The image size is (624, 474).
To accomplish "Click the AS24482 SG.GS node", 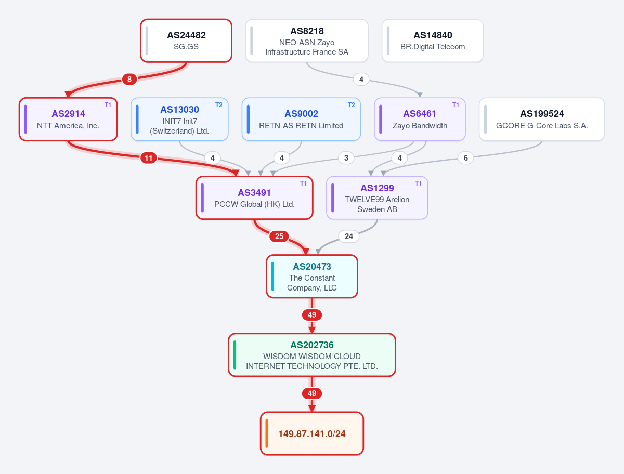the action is (x=186, y=41).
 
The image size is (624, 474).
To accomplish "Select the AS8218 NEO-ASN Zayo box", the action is (x=307, y=41).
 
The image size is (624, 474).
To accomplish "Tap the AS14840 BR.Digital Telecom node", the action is (x=433, y=41).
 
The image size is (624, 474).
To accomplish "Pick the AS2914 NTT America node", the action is (x=68, y=120).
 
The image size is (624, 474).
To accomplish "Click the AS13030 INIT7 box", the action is (x=179, y=120).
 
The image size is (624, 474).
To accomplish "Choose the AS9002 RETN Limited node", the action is (x=301, y=120).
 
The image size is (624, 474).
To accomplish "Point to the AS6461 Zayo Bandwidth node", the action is (x=420, y=120).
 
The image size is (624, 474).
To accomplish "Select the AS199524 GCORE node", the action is (x=542, y=120).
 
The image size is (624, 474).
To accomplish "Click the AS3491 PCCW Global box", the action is (x=254, y=198).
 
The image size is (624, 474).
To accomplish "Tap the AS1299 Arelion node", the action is (x=377, y=198).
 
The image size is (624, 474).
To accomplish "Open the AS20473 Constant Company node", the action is (x=312, y=276).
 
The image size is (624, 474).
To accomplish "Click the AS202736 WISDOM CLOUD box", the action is (x=312, y=355).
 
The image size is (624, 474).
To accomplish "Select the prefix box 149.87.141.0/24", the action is (x=312, y=433).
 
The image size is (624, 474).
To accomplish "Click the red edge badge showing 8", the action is (x=129, y=79).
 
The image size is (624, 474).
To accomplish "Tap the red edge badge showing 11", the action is (x=148, y=158).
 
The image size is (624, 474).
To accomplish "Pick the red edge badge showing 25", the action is (x=279, y=236).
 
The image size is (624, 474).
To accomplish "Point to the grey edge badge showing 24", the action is (x=349, y=236).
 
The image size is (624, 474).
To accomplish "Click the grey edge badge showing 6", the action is (x=465, y=158).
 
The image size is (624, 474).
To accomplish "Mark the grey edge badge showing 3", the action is (x=346, y=158).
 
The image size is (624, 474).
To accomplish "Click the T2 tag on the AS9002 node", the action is (x=352, y=105).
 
